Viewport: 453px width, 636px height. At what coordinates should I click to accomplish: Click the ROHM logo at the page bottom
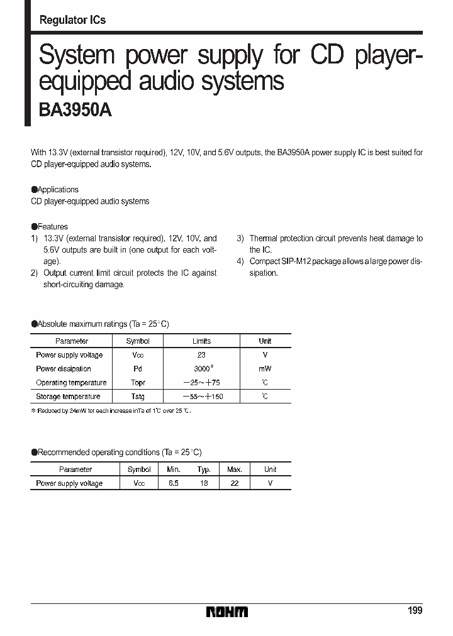(227, 611)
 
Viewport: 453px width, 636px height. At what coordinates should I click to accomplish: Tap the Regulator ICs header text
(72, 20)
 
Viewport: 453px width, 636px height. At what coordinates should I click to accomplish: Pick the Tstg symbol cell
(138, 397)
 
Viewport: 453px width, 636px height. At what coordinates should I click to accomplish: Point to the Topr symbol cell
(138, 383)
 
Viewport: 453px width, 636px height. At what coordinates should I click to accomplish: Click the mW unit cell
(265, 369)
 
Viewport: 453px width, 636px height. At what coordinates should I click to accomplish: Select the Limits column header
(201, 341)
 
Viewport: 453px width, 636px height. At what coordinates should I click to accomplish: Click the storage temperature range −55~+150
(203, 397)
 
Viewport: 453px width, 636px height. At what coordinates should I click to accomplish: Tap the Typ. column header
(204, 469)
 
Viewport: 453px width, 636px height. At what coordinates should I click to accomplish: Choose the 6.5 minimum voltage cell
(173, 483)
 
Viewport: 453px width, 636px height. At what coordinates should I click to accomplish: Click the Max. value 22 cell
(235, 483)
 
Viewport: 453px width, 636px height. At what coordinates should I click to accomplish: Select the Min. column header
(173, 469)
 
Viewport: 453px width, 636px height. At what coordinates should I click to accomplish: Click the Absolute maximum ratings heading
(101, 324)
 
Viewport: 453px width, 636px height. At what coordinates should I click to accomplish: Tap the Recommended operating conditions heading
(117, 452)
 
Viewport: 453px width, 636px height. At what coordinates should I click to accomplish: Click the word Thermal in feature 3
(263, 238)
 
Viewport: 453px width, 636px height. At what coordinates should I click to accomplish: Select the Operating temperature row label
(71, 383)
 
